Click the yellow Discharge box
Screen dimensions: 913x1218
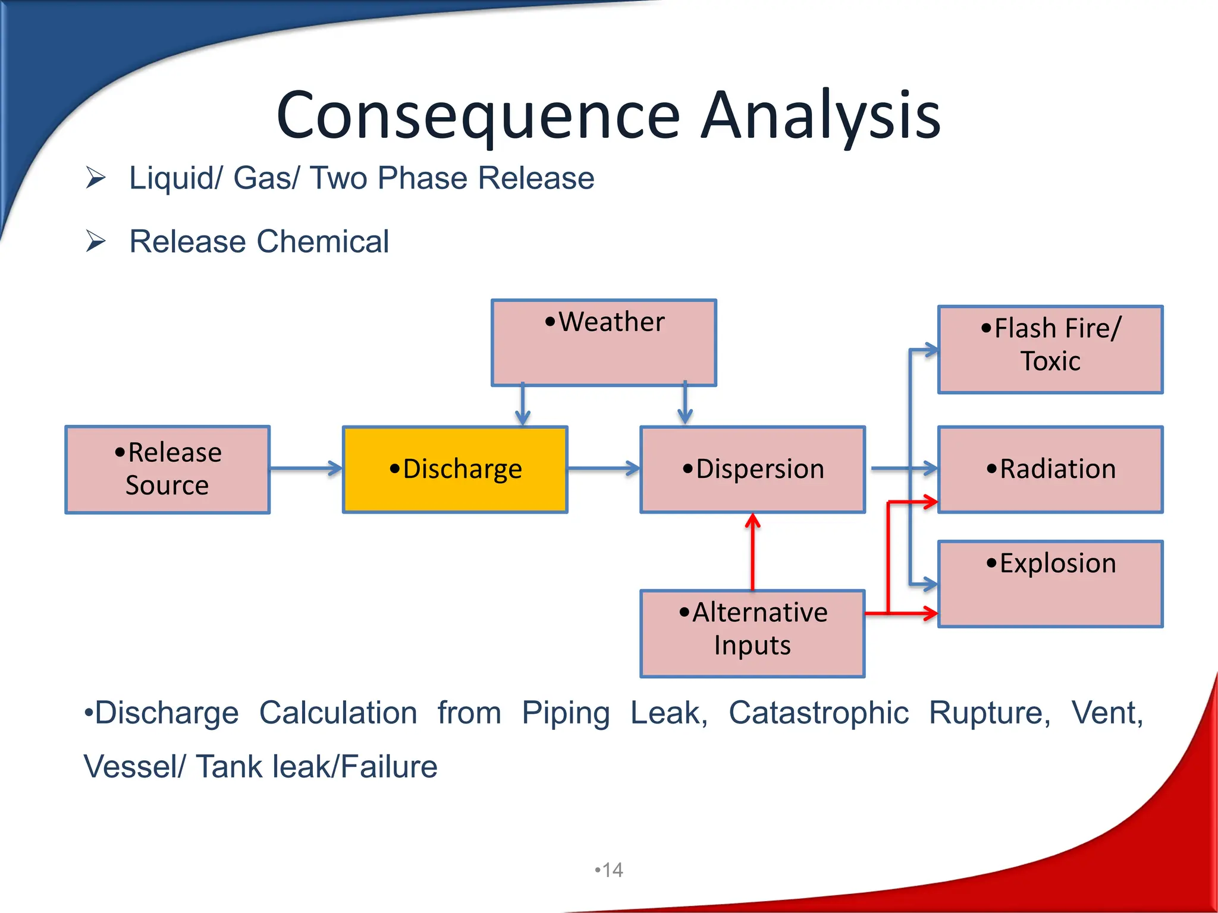pyautogui.click(x=455, y=470)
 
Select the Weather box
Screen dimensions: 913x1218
pyautogui.click(x=604, y=343)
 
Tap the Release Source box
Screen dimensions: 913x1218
pyautogui.click(x=167, y=470)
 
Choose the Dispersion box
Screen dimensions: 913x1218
pyautogui.click(x=752, y=470)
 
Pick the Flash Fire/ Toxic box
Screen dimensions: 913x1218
pyautogui.click(x=1050, y=350)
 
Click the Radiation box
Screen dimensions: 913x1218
pyautogui.click(x=1050, y=470)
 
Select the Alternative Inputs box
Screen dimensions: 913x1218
pyautogui.click(x=752, y=634)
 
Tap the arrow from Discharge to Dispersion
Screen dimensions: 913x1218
pyautogui.click(x=603, y=469)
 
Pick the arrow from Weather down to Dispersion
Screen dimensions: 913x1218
pyautogui.click(x=685, y=404)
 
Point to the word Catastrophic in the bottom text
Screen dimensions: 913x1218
pyautogui.click(x=818, y=713)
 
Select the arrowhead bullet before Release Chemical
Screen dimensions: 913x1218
pyautogui.click(x=95, y=241)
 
